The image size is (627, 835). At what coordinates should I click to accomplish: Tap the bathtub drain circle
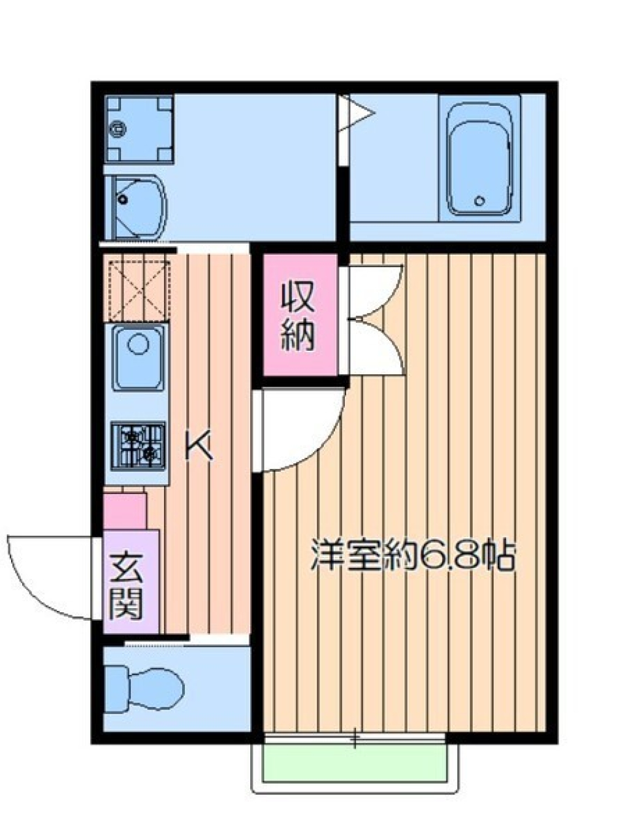(x=481, y=201)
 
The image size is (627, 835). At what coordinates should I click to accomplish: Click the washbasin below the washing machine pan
(x=136, y=206)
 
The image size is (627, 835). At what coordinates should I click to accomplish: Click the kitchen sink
(x=139, y=356)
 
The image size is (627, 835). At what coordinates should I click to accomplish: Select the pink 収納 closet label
(x=299, y=316)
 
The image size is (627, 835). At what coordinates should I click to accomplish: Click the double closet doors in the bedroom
(x=376, y=320)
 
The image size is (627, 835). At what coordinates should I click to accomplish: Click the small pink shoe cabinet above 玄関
(x=124, y=512)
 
